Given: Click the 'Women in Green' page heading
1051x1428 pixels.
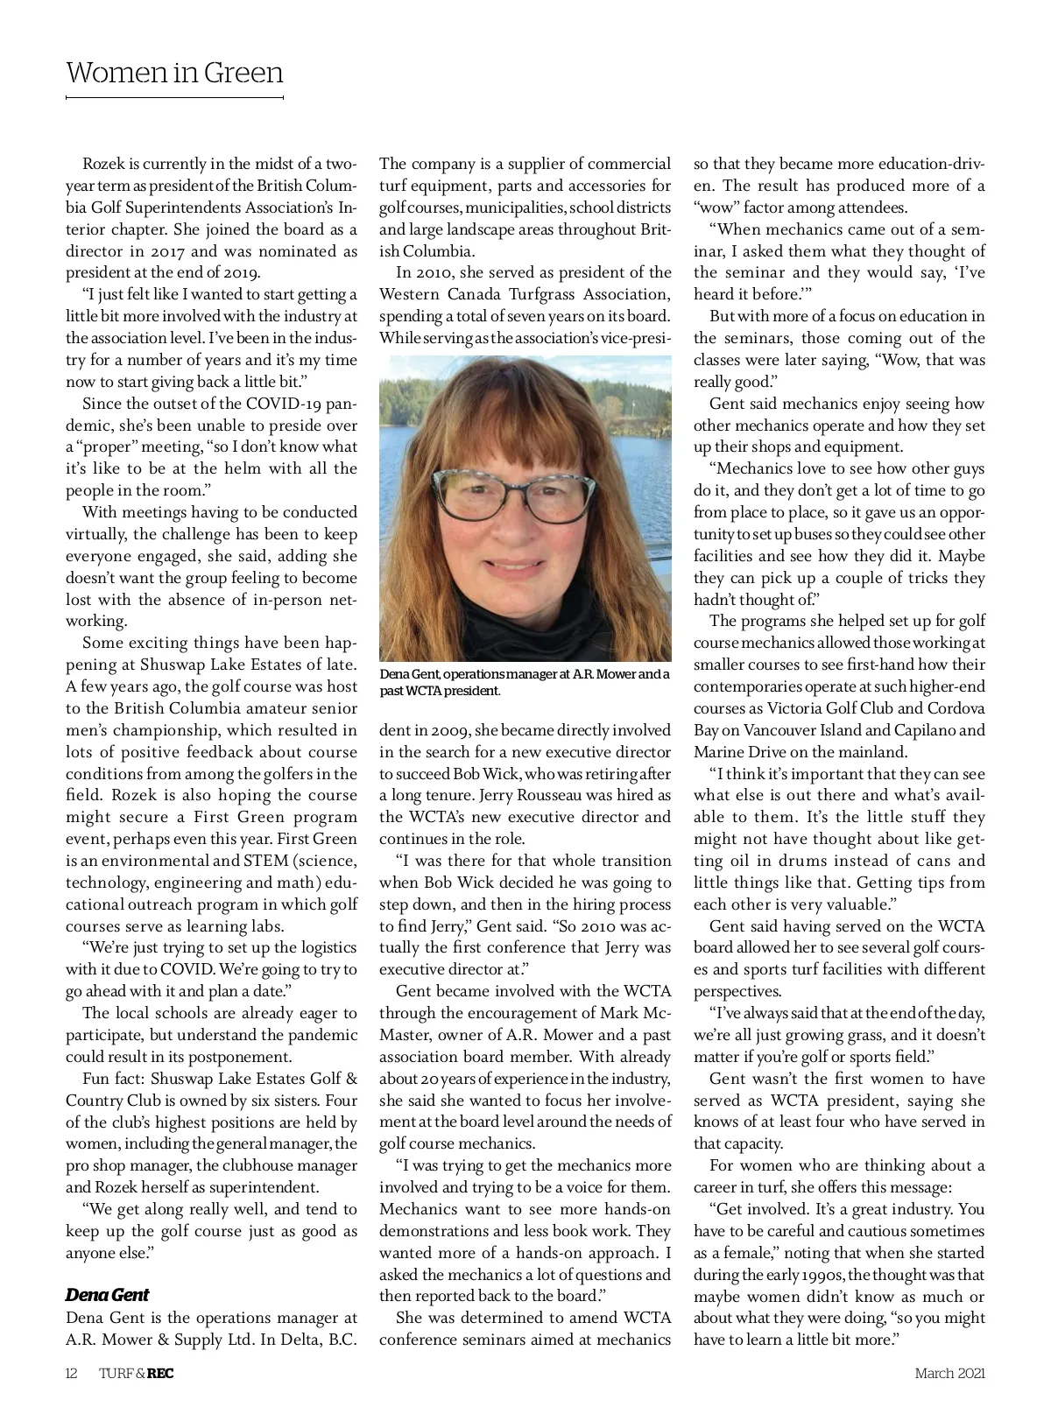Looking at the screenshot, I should [174, 72].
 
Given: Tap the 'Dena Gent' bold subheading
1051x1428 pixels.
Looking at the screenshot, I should [107, 1295].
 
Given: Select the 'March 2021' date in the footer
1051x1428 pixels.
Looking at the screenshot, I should [949, 1373].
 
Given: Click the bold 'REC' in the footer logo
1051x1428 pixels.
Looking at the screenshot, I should [160, 1373].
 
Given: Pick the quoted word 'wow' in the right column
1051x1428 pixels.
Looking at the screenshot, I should [722, 208].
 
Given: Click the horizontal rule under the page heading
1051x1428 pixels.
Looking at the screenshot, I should [174, 96].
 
